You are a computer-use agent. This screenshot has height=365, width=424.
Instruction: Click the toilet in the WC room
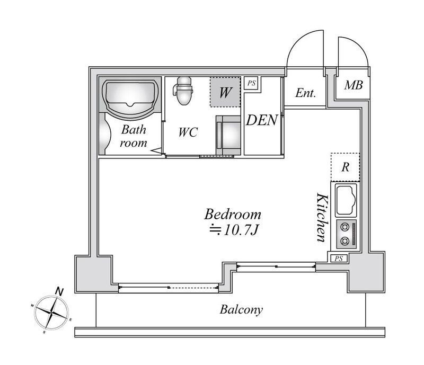pyautogui.click(x=183, y=90)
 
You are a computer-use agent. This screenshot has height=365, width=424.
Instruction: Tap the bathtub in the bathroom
pyautogui.click(x=130, y=98)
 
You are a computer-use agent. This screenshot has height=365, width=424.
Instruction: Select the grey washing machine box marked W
pyautogui.click(x=225, y=92)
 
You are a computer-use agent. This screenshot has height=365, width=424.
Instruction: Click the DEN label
pyautogui.click(x=262, y=120)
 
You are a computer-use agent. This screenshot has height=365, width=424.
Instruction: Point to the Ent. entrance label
pyautogui.click(x=306, y=93)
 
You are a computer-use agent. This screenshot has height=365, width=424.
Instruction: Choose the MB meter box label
pyautogui.click(x=354, y=85)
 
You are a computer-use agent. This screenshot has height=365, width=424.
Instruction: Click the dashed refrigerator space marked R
pyautogui.click(x=346, y=167)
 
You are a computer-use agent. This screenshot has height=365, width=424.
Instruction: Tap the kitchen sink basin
pyautogui.click(x=346, y=200)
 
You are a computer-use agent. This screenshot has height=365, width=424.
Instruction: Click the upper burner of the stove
pyautogui.click(x=344, y=227)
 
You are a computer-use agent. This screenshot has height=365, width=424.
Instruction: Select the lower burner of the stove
pyautogui.click(x=344, y=241)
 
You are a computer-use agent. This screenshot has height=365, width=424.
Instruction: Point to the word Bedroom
pyautogui.click(x=233, y=215)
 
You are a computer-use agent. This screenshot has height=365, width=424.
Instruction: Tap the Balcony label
pyautogui.click(x=241, y=310)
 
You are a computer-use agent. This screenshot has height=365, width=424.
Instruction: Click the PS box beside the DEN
pyautogui.click(x=251, y=83)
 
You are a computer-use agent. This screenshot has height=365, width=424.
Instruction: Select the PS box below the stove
pyautogui.click(x=339, y=259)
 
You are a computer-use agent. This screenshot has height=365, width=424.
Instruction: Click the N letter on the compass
pyautogui.click(x=59, y=292)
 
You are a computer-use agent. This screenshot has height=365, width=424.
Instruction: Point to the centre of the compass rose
pyautogui.click(x=51, y=313)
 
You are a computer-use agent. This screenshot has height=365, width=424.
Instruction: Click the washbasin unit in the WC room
pyautogui.click(x=228, y=135)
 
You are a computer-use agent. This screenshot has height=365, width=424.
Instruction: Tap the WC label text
pyautogui.click(x=188, y=132)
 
